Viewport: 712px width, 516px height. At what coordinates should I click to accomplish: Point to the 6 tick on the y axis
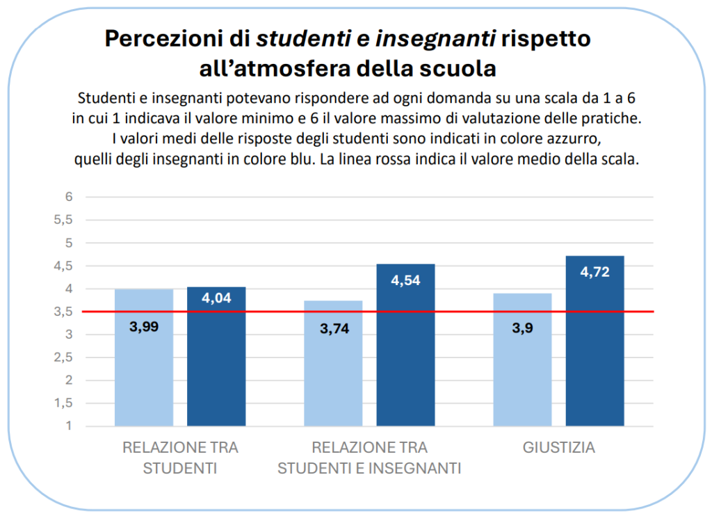69,197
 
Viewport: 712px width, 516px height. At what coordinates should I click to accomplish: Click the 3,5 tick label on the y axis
65,312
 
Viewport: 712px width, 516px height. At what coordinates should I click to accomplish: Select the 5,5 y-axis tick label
65,220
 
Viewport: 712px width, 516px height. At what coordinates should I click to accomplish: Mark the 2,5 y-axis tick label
65,357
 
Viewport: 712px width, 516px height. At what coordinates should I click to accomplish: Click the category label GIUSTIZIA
559,448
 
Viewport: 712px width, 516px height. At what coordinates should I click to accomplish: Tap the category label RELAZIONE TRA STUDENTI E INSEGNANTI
369,458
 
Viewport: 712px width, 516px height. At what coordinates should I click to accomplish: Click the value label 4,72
594,272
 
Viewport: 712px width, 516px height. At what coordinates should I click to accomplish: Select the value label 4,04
216,299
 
